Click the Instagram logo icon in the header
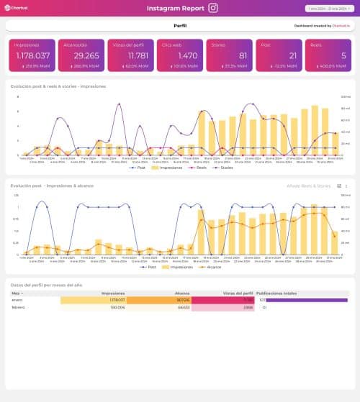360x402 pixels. tap(212, 9)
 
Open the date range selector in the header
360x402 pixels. tap(329, 9)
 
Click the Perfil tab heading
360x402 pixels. tap(181, 25)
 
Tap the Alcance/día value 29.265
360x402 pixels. tap(80, 55)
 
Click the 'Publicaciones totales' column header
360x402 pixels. tap(278, 293)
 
